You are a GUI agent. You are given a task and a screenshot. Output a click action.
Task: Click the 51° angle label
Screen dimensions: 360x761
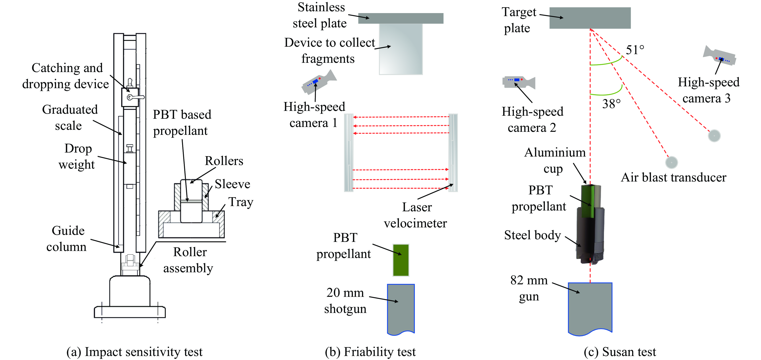[635, 50]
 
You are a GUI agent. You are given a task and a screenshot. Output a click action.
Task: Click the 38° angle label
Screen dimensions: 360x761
[611, 104]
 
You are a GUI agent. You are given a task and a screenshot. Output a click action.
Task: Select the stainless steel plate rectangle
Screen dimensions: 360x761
[401, 18]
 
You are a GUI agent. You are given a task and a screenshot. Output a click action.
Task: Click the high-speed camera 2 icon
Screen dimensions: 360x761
[518, 82]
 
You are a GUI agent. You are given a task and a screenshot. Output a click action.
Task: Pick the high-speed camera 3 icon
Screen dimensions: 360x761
[719, 56]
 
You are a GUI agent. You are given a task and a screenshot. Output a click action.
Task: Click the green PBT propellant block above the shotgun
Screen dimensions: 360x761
[401, 260]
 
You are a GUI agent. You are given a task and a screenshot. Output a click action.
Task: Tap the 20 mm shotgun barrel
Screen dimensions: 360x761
[401, 309]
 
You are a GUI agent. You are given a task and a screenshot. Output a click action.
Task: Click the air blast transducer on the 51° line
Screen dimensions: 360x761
[714, 136]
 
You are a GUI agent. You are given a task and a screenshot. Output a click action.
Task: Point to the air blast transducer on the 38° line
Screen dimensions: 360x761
[671, 162]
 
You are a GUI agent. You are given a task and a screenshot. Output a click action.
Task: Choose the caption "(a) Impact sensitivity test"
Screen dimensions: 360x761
[134, 352]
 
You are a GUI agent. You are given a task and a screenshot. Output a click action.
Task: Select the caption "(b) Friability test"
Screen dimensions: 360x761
[370, 352]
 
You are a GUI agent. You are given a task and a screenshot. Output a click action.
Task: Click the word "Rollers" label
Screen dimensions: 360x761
[224, 161]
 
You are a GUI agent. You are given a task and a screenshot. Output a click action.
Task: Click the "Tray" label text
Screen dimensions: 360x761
[241, 202]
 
